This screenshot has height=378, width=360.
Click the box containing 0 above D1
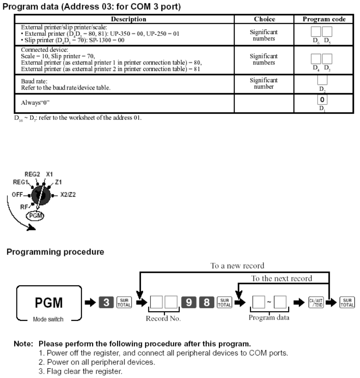(x=321, y=100)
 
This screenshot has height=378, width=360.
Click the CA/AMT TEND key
(x=315, y=299)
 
